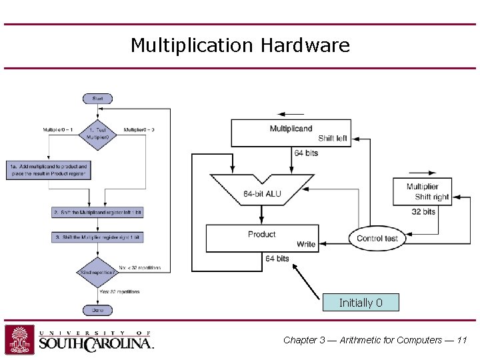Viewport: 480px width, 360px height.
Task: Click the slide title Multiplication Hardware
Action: (240, 45)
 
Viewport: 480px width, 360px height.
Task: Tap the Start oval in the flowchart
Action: (97, 99)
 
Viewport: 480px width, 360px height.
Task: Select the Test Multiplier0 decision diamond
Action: (97, 133)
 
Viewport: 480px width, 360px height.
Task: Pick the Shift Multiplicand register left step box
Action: (97, 212)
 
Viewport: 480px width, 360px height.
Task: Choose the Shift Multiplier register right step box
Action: (97, 237)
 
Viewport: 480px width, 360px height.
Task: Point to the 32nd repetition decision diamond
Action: (97, 273)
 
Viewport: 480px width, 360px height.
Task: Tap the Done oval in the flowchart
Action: (97, 310)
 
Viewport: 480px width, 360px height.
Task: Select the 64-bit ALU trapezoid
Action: (262, 190)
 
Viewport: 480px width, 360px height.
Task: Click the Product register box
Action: (262, 238)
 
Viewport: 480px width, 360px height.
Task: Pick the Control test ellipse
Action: (377, 238)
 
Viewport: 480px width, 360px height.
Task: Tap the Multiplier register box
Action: (422, 191)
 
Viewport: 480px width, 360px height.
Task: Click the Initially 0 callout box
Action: (361, 303)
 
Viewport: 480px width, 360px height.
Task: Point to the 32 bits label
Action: (423, 211)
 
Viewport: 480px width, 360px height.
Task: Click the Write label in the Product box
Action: (306, 244)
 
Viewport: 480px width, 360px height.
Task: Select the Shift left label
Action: (333, 139)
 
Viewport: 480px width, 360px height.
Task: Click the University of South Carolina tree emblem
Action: (20, 339)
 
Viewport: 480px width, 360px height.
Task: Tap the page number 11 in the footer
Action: (462, 340)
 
